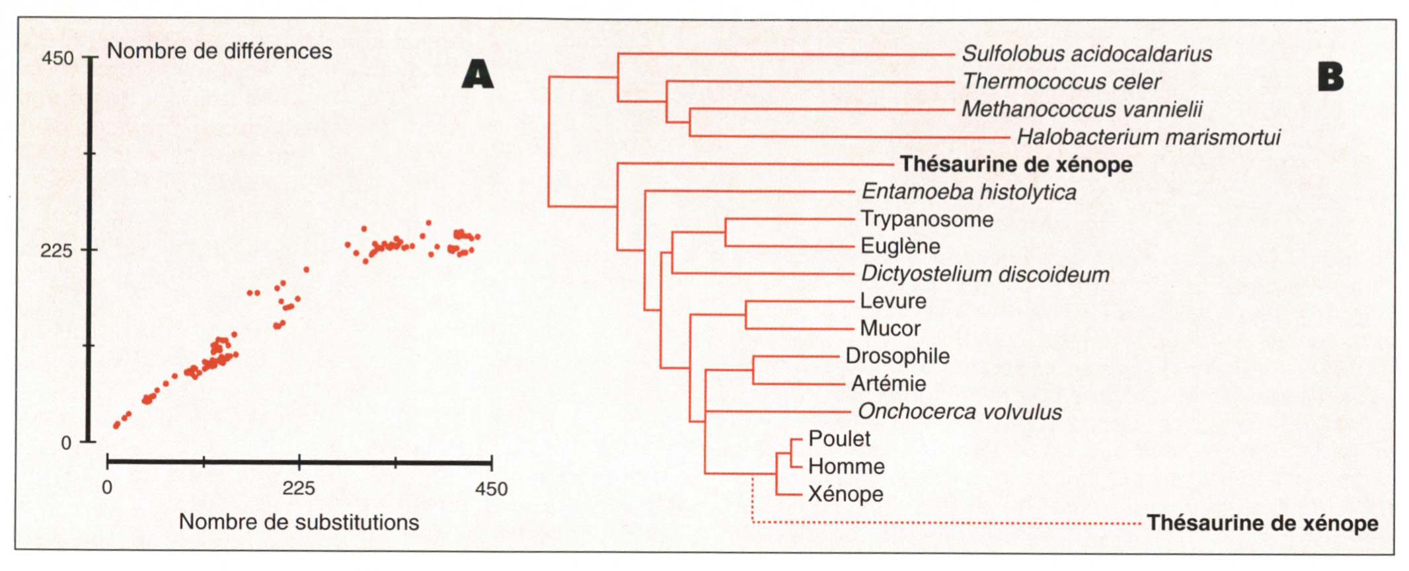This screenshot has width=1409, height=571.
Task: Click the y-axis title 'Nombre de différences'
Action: tap(219, 52)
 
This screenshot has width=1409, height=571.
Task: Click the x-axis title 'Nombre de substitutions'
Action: tap(299, 522)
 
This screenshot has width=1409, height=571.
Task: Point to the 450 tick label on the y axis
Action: tap(58, 58)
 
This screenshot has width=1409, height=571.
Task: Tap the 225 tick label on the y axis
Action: tap(56, 250)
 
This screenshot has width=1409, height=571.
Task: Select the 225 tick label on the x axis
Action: tap(299, 489)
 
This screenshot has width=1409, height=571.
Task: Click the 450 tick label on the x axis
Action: tap(492, 489)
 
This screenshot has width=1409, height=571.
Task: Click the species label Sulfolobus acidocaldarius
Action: tap(1086, 54)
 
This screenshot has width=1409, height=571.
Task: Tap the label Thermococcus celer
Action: tap(1061, 82)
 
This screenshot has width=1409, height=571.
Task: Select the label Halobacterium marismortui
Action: tap(1148, 137)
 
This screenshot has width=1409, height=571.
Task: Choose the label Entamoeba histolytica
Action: tap(969, 192)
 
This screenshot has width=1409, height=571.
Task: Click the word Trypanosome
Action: tap(927, 219)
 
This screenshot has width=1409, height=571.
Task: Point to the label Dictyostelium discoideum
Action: tap(985, 274)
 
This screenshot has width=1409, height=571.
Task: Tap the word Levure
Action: tap(893, 301)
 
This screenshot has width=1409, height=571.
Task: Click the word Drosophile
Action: tap(897, 356)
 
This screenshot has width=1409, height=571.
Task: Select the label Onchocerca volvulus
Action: tap(960, 412)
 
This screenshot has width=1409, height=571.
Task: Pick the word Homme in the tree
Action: tap(846, 467)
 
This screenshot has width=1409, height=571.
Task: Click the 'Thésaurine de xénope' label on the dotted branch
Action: tap(1262, 523)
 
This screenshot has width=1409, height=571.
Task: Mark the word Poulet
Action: tap(839, 439)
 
